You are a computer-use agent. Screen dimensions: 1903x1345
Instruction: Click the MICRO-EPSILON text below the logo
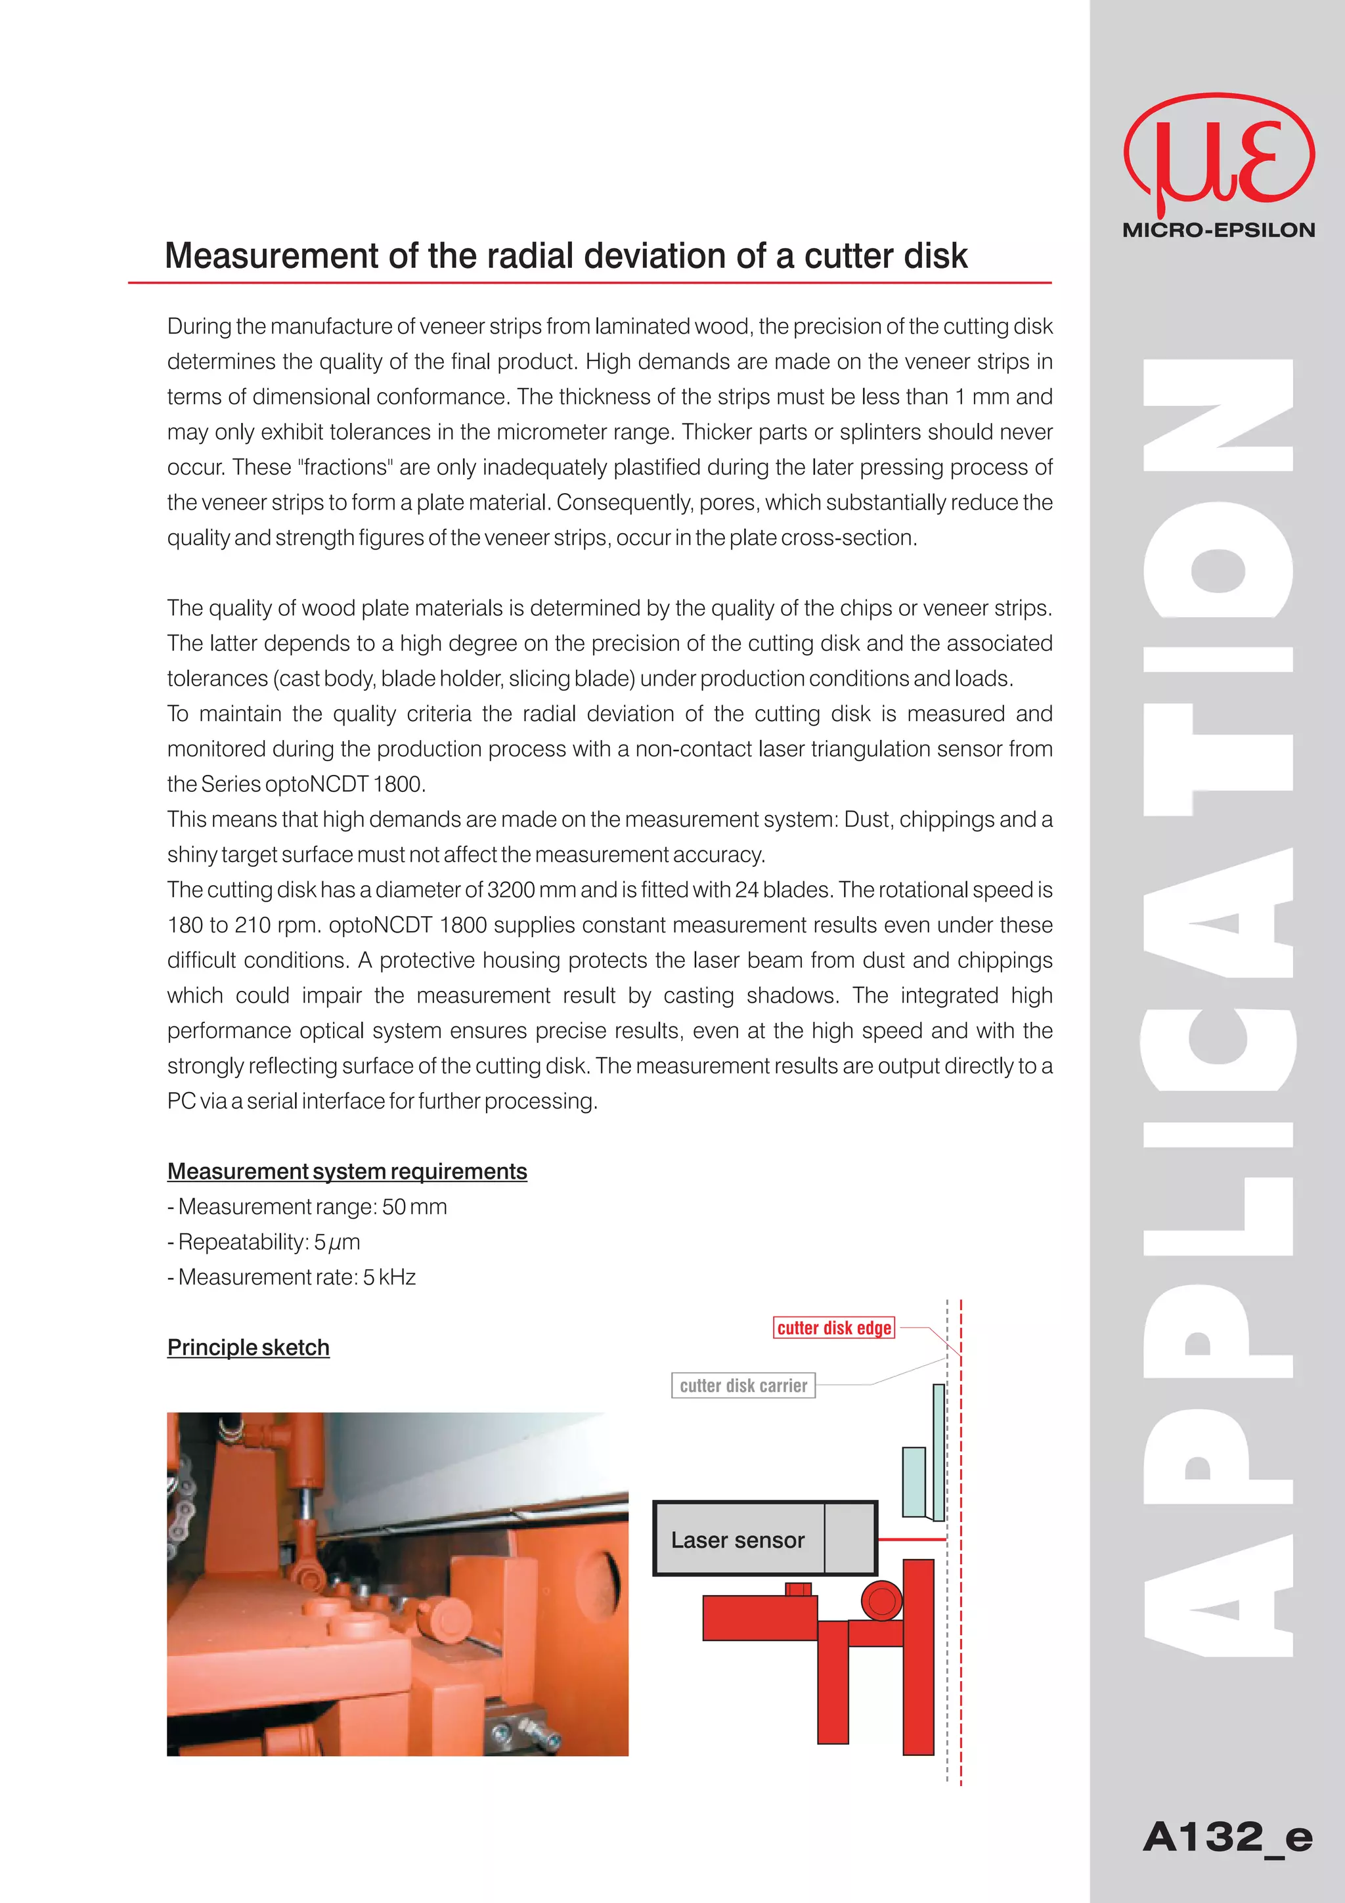tap(1218, 230)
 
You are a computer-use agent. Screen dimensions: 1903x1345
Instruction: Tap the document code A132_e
tap(1227, 1837)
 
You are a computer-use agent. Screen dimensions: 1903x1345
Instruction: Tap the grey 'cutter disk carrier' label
tap(743, 1386)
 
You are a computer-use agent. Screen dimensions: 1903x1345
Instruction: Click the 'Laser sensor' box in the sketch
tap(738, 1540)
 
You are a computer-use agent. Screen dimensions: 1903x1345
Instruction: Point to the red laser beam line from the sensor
tap(911, 1539)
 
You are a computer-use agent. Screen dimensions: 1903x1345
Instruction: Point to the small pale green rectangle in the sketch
tap(914, 1482)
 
